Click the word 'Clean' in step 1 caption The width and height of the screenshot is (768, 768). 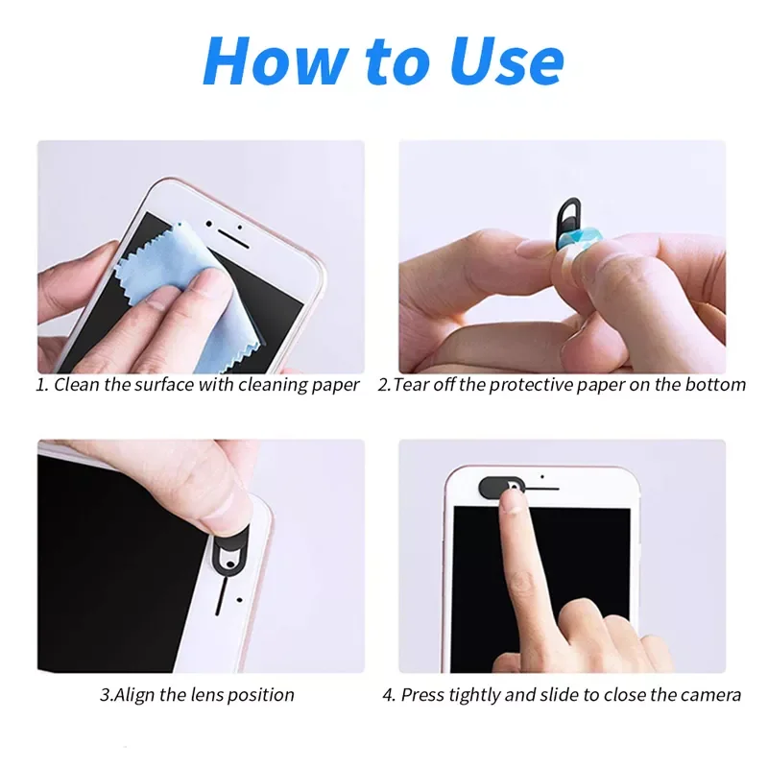(76, 385)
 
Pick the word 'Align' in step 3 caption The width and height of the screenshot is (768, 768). (135, 694)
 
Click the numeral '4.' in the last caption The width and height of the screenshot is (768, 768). (388, 694)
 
